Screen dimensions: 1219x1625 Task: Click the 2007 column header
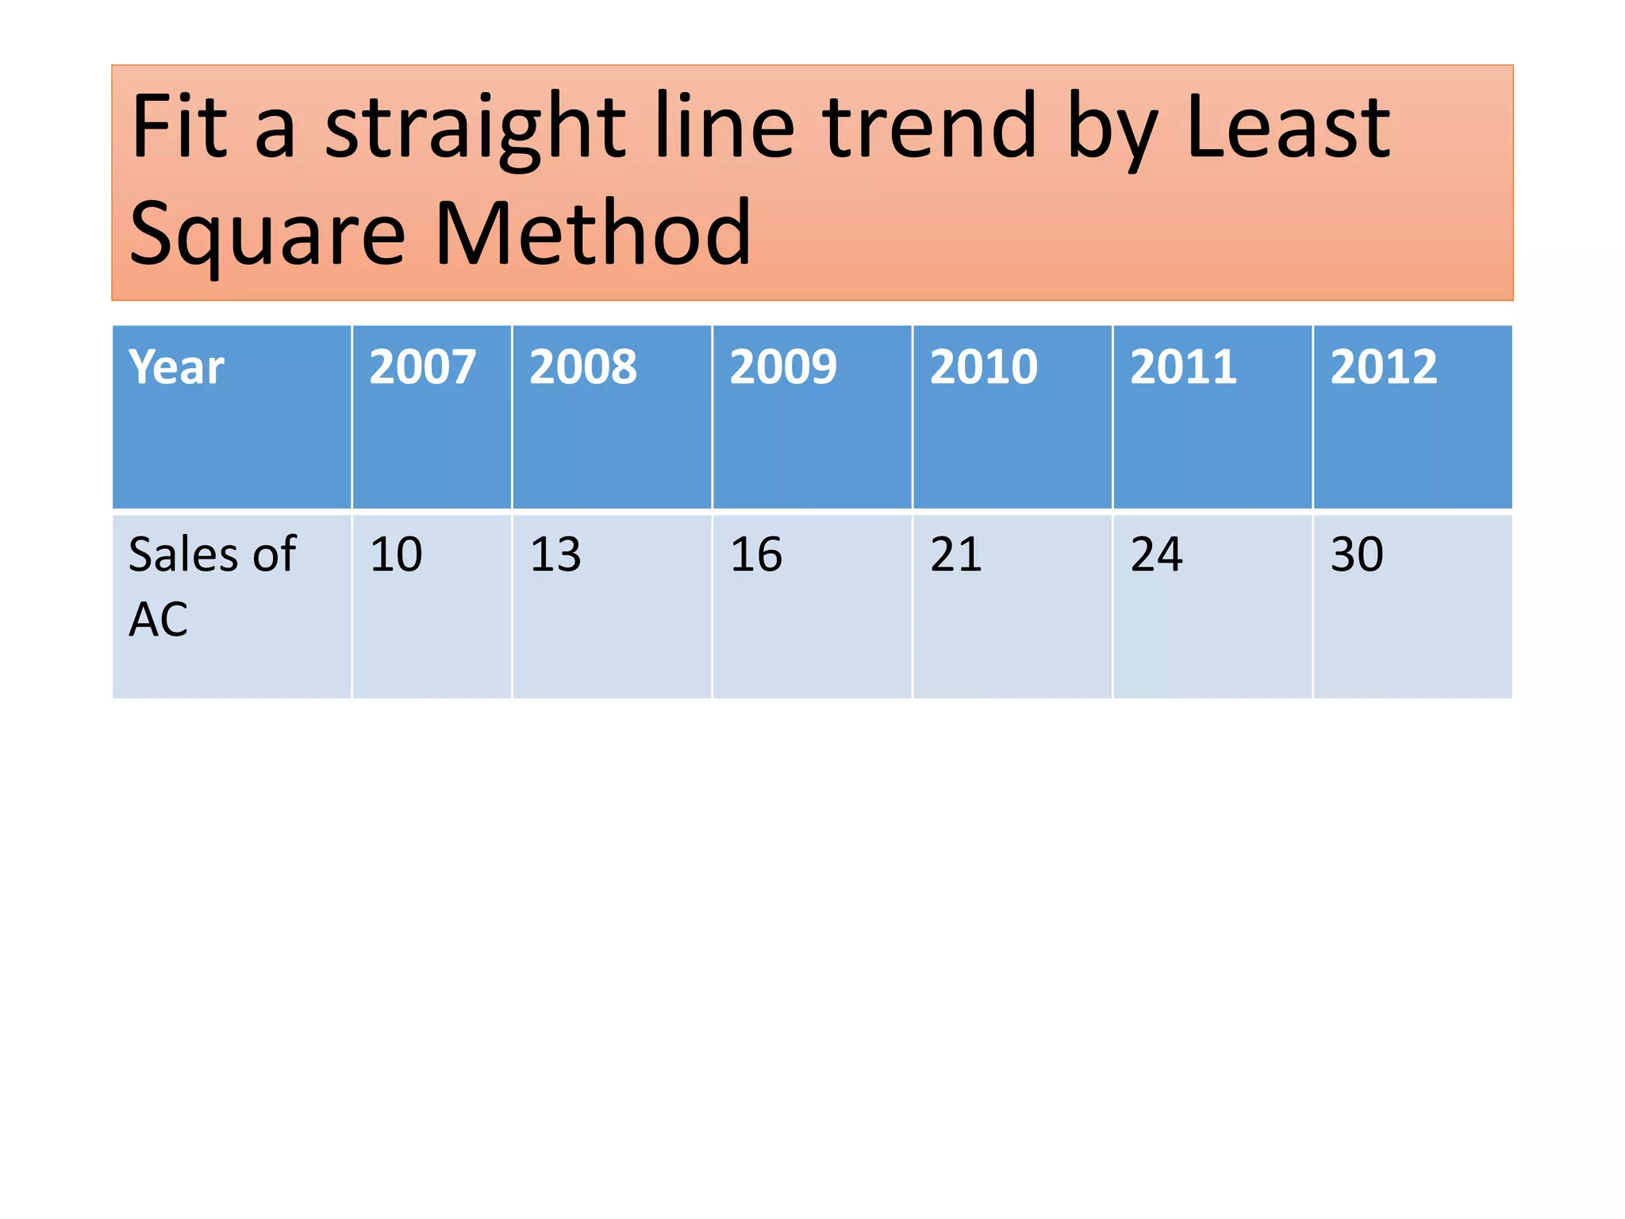point(423,367)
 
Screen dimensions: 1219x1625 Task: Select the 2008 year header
point(583,367)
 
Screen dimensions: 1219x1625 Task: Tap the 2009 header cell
point(783,367)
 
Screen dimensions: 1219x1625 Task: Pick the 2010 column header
point(983,367)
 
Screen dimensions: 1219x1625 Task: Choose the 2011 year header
point(1183,367)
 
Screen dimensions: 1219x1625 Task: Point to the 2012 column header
point(1383,367)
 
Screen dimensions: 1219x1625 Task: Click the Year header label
point(177,367)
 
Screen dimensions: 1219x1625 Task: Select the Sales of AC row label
point(212,586)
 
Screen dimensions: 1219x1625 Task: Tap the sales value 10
point(396,554)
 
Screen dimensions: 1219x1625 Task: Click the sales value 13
point(555,554)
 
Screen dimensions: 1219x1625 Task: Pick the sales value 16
point(756,554)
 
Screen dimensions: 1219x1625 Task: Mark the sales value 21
point(956,554)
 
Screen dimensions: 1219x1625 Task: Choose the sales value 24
point(1156,554)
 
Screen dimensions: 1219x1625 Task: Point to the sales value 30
point(1357,554)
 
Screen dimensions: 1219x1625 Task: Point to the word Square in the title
point(267,235)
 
